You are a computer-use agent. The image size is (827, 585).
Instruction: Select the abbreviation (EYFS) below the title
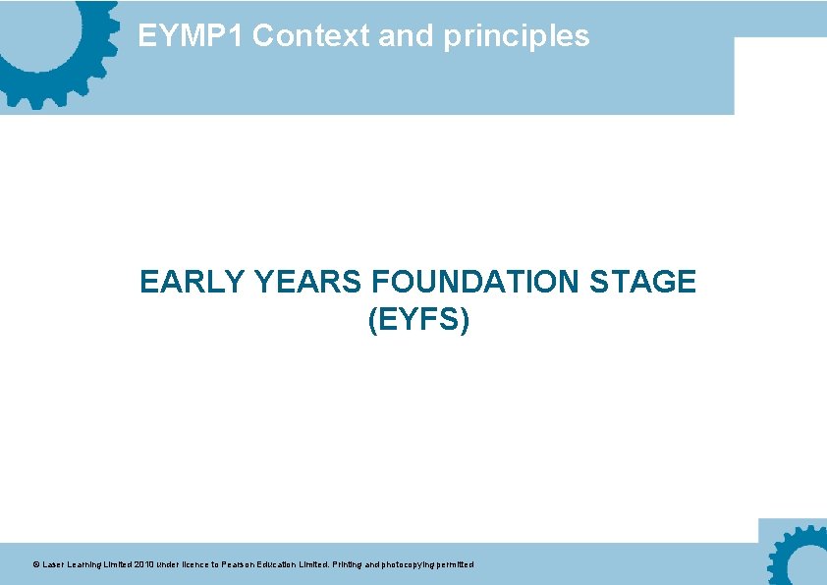pos(418,320)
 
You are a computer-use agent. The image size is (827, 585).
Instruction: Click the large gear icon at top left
pos(49,44)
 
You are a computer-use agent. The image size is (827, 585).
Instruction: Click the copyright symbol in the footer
pos(35,565)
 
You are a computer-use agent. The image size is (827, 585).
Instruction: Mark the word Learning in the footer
pos(88,565)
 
